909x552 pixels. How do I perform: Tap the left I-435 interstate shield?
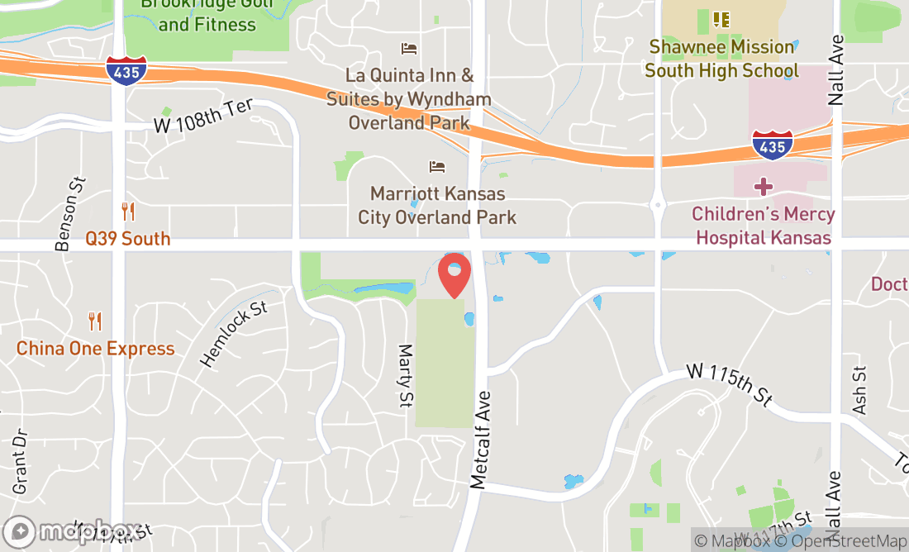pos(126,70)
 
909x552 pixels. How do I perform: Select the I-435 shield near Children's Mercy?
pos(772,145)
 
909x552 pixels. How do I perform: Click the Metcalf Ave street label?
pos(480,440)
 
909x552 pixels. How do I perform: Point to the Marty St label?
pos(406,376)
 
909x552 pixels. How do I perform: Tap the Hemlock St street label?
pos(234,334)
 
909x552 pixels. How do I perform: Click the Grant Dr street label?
pos(20,461)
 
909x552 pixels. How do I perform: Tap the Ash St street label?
pos(859,390)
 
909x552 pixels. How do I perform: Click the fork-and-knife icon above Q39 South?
pos(128,212)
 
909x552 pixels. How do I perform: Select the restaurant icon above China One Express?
pos(95,321)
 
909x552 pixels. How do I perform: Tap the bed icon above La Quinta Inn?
pos(408,49)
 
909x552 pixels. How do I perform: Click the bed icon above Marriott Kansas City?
pos(437,167)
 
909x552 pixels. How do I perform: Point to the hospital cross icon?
pos(763,186)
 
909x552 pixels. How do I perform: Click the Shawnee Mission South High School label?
pos(722,59)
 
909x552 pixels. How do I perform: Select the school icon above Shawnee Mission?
pos(721,18)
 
